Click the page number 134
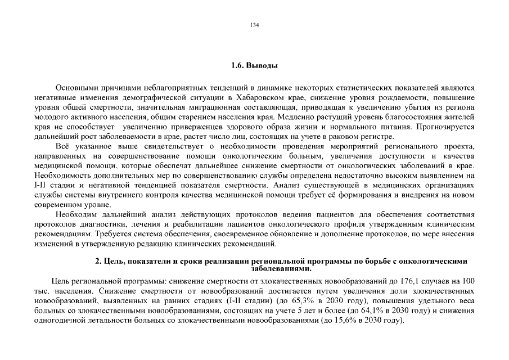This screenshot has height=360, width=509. (254, 25)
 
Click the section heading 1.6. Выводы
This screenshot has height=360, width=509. (254, 66)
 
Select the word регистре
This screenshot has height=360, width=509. (377, 137)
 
